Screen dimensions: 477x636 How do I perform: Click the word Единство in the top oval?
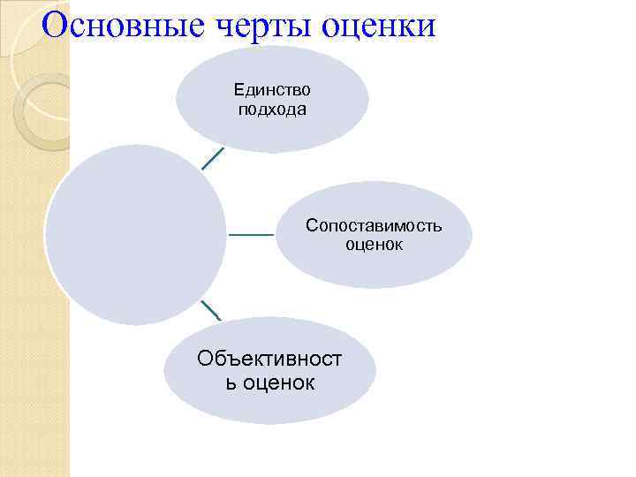(272, 89)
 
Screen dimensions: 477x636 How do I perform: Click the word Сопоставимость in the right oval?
(374, 225)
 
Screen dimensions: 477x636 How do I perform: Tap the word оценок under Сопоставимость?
(374, 245)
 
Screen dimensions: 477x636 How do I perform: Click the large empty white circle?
(135, 235)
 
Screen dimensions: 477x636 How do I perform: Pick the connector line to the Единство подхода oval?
(212, 157)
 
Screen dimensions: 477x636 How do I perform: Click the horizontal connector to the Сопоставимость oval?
(251, 235)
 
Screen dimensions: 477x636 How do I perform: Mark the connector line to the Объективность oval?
(210, 310)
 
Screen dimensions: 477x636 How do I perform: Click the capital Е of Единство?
(238, 89)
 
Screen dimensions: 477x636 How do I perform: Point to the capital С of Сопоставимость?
(312, 225)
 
